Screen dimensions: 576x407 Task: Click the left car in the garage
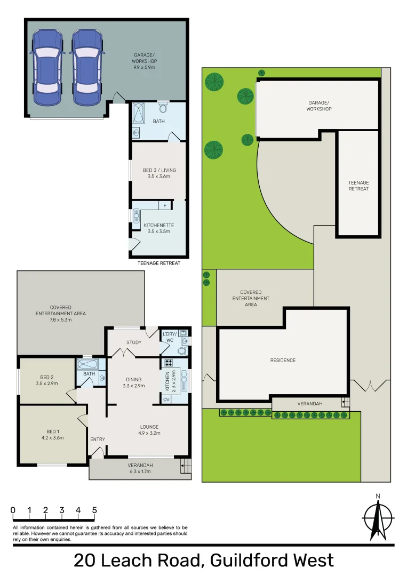(49, 67)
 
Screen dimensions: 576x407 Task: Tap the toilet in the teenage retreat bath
(164, 109)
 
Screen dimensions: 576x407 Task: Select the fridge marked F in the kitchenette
(165, 205)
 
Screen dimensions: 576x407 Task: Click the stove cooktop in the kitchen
(169, 363)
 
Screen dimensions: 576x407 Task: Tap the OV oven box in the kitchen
(166, 399)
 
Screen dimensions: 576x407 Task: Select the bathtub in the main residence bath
(91, 364)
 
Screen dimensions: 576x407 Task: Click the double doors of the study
(125, 353)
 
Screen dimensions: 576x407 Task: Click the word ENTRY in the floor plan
(98, 439)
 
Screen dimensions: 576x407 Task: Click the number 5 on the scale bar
(94, 510)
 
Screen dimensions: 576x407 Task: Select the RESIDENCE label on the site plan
(283, 361)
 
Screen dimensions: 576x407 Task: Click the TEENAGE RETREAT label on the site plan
(358, 186)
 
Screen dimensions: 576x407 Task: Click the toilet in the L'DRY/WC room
(181, 351)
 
